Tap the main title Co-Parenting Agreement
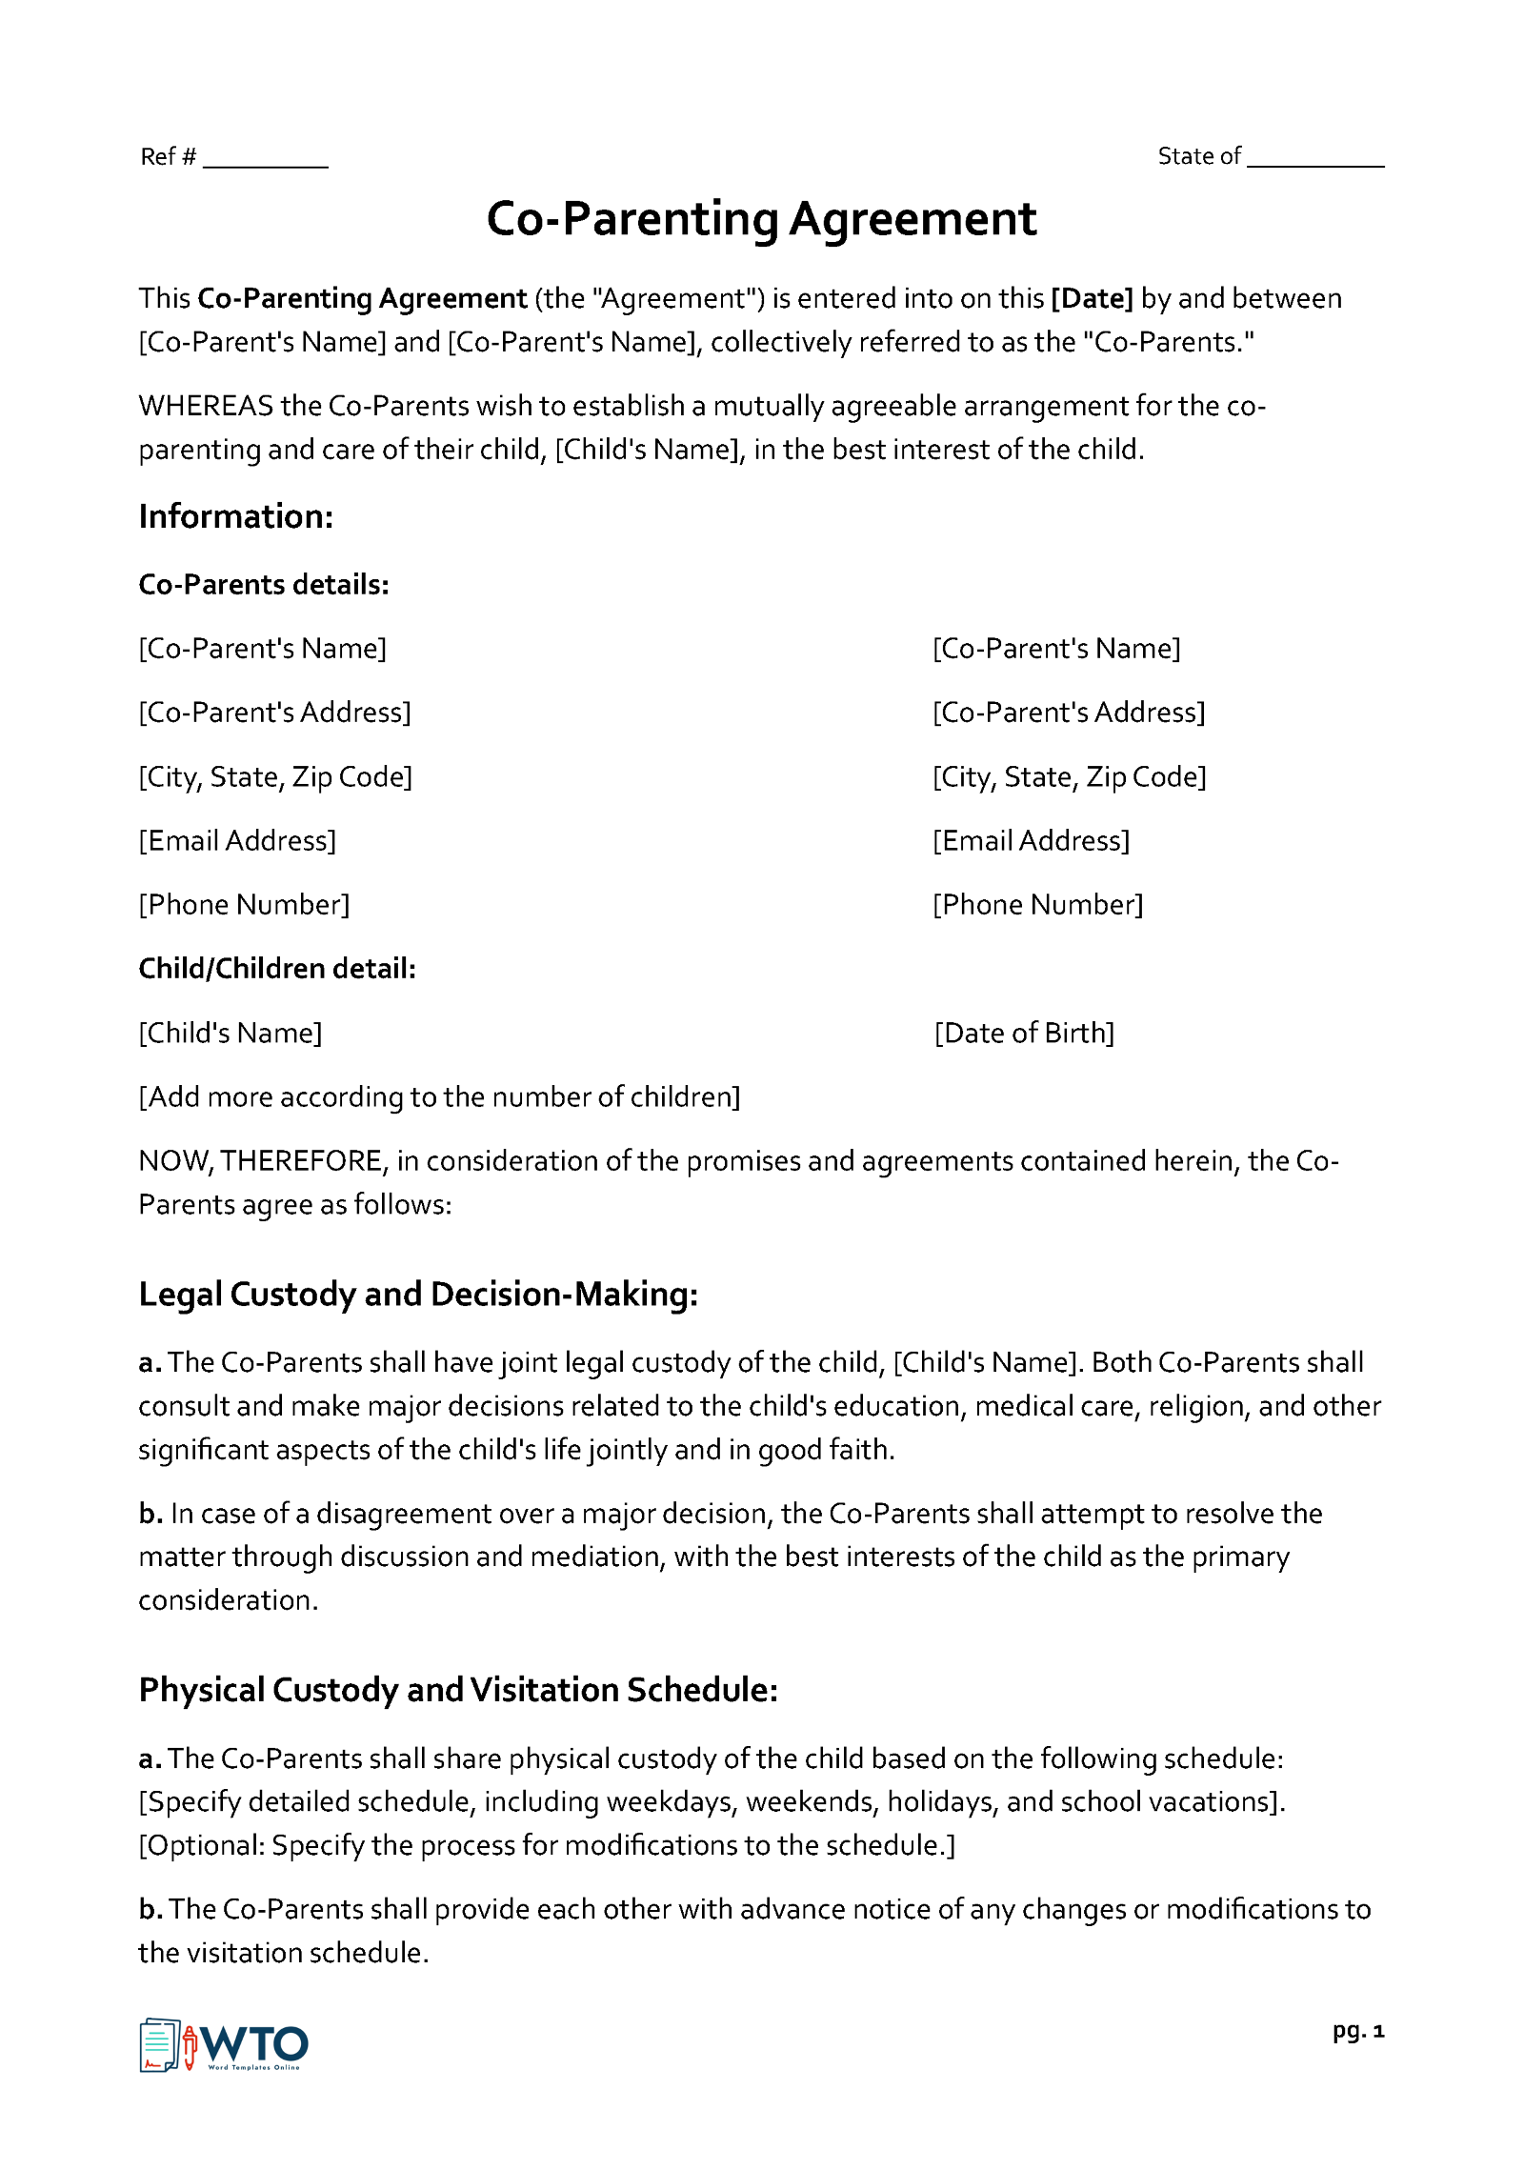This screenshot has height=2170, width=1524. pos(761,219)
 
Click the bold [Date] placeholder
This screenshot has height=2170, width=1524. pos(1092,299)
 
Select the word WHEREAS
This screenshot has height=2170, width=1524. pos(206,406)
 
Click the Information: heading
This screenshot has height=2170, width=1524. pos(236,516)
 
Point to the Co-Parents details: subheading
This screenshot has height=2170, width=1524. pos(264,585)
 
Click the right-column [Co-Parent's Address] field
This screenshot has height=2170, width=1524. pos(1069,713)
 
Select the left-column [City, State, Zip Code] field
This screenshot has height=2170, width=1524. pos(275,777)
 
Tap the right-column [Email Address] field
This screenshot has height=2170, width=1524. pos(1031,841)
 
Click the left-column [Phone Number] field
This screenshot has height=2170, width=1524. pos(244,905)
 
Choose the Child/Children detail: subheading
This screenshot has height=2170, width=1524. pos(277,969)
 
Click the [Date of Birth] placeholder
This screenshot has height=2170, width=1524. pos(1024,1034)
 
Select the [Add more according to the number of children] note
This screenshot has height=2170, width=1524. pos(439,1097)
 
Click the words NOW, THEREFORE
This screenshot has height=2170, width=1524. pos(262,1161)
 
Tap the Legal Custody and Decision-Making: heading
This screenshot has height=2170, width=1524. pos(418,1295)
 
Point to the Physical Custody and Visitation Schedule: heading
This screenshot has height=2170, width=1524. pos(458,1690)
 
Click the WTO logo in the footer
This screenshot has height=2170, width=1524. pos(225,2045)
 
